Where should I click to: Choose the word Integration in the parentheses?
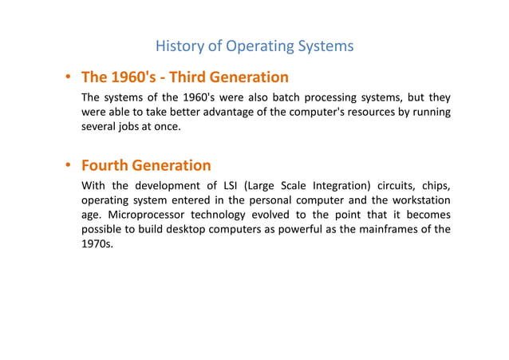tap(337, 186)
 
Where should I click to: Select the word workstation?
tap(420, 200)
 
